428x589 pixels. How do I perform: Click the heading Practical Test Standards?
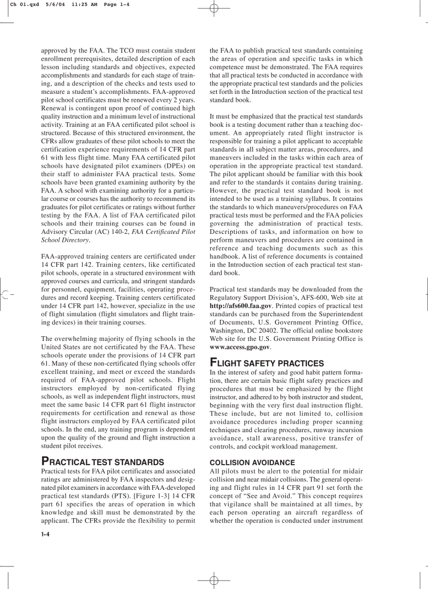pos(103,462)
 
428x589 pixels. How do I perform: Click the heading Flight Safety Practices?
pos(266,363)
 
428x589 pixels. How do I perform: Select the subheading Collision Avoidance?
pos(252,463)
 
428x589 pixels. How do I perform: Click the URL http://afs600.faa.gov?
pos(241,306)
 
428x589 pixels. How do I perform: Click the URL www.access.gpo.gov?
pos(240,347)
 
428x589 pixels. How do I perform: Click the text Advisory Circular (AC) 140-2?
pos(83,231)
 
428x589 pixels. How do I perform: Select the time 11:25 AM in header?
pos(79,4)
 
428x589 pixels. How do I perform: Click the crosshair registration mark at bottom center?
pos(214,581)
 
